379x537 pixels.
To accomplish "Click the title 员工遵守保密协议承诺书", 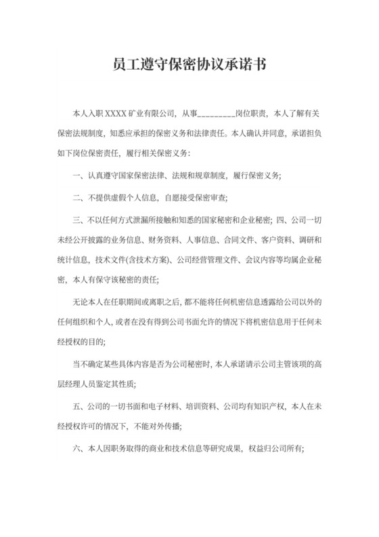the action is click(189, 66).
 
